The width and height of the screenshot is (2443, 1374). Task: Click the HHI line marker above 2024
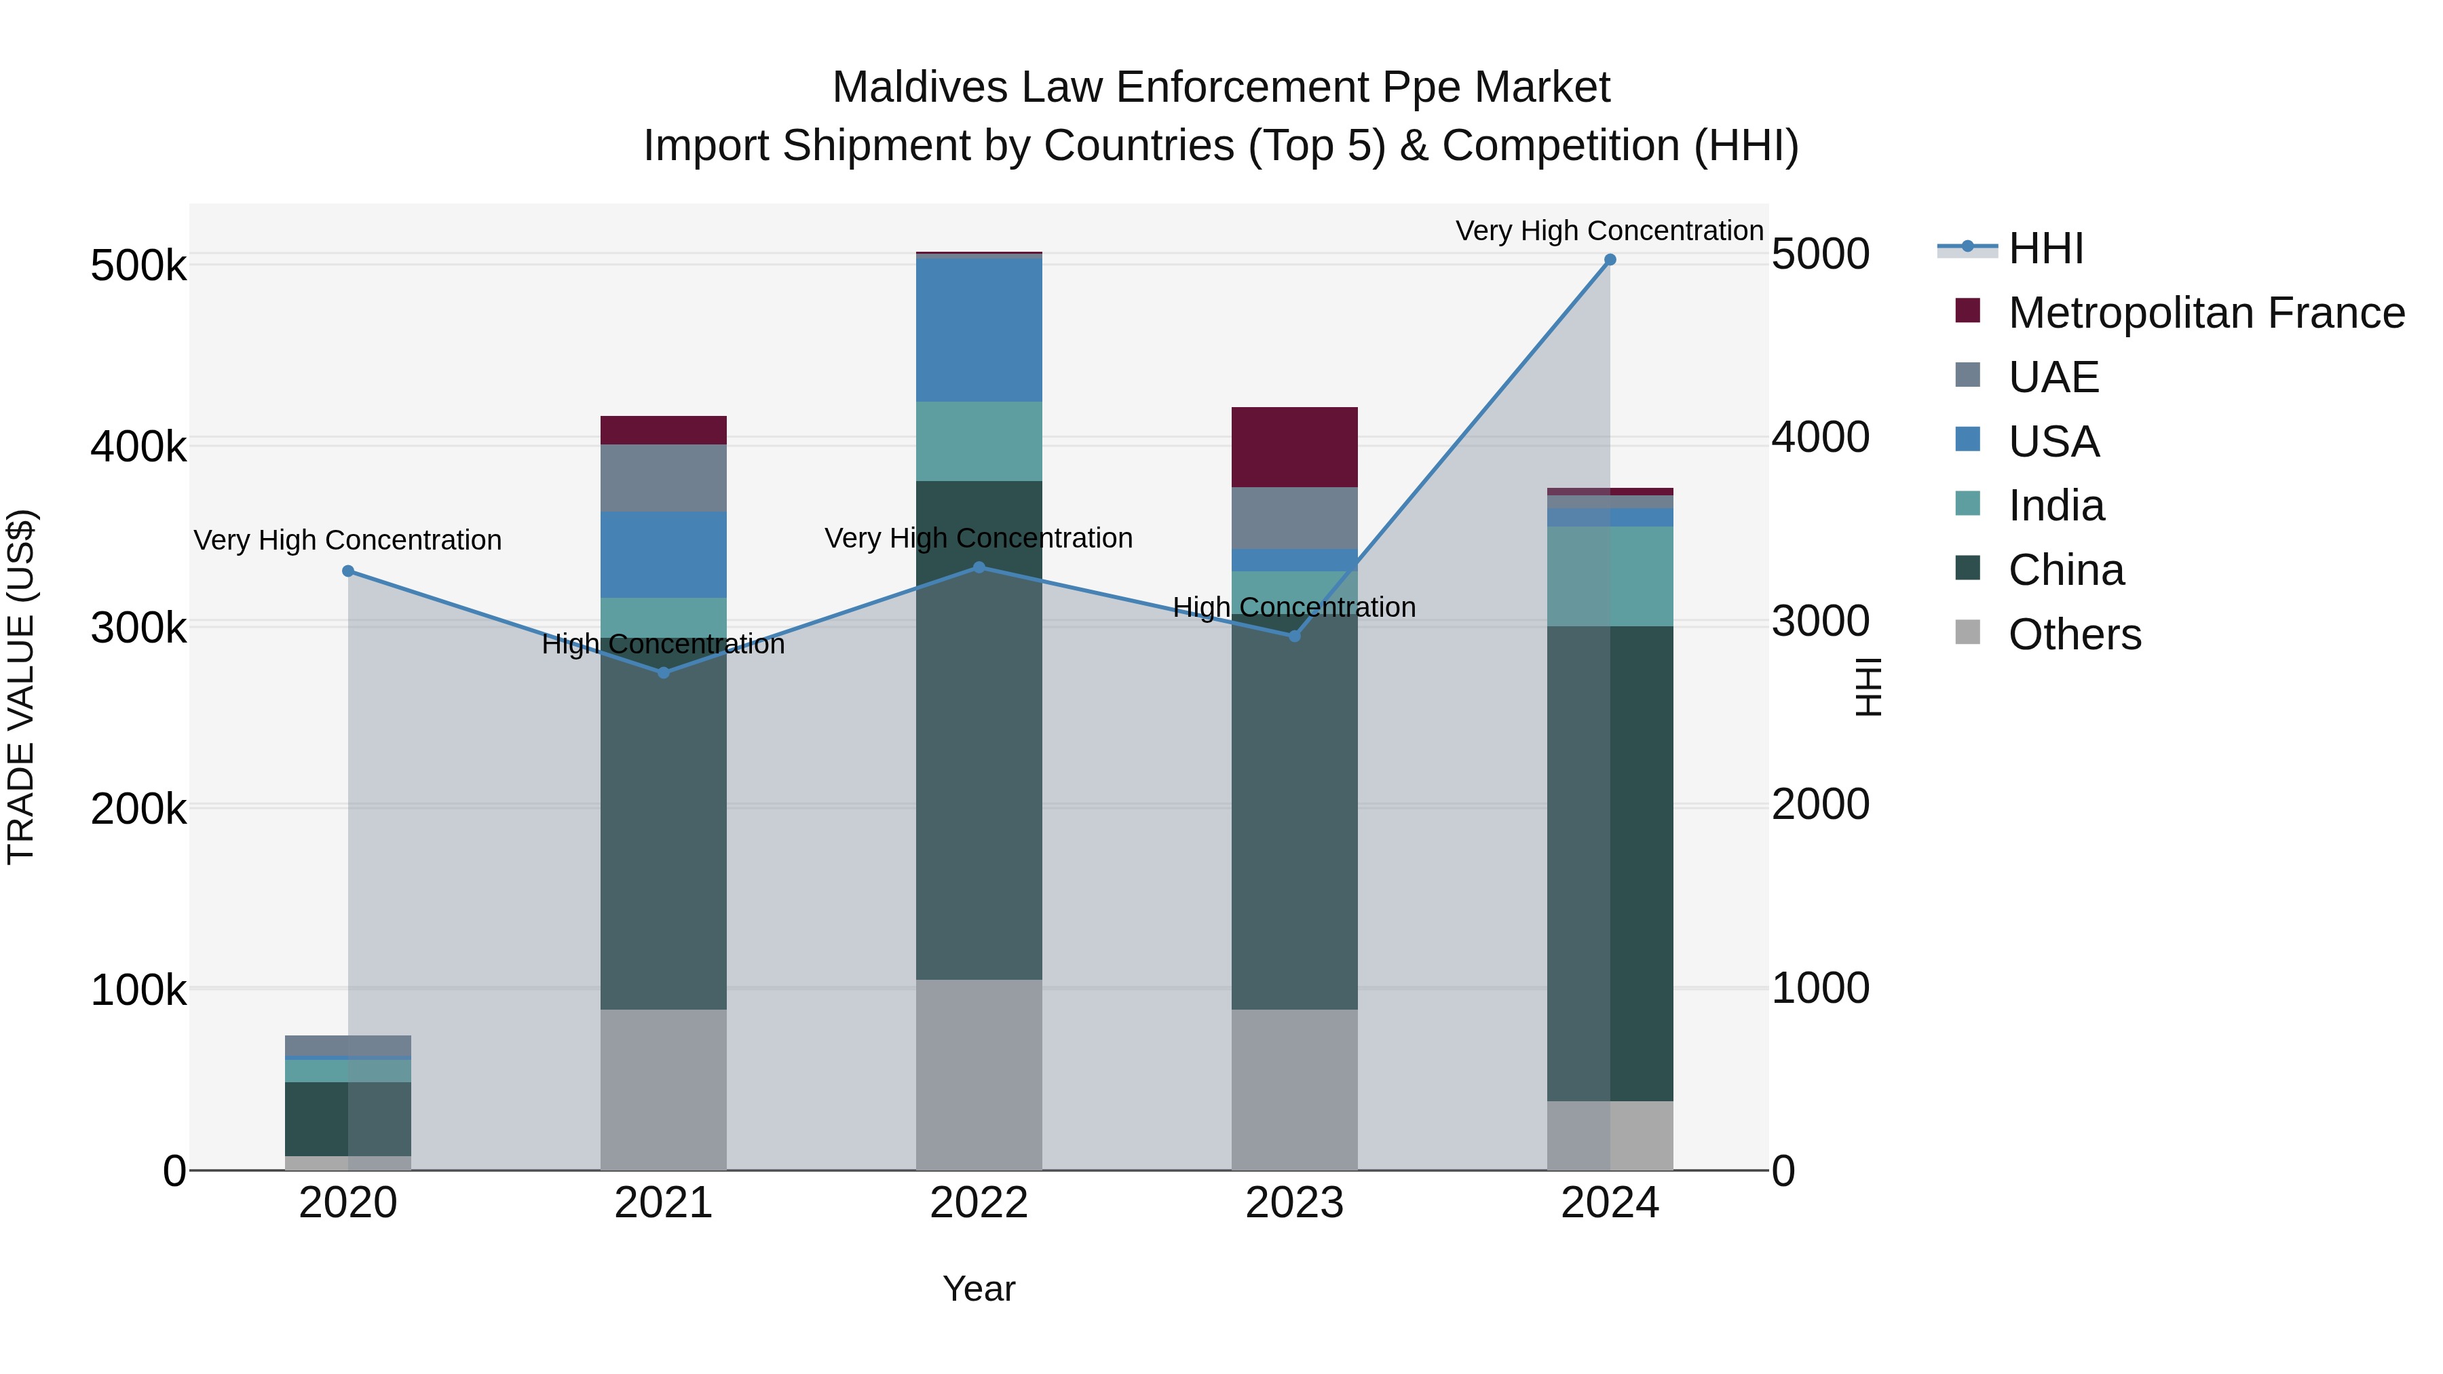click(1610, 260)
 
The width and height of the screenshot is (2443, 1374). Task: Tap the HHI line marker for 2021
click(664, 672)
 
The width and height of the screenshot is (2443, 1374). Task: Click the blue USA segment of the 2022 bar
click(979, 329)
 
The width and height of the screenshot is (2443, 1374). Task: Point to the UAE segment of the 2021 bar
click(664, 478)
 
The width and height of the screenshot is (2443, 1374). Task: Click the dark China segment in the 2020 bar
click(317, 1118)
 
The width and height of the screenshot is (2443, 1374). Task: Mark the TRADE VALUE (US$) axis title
click(21, 687)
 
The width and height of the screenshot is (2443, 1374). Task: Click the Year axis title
click(979, 1289)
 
